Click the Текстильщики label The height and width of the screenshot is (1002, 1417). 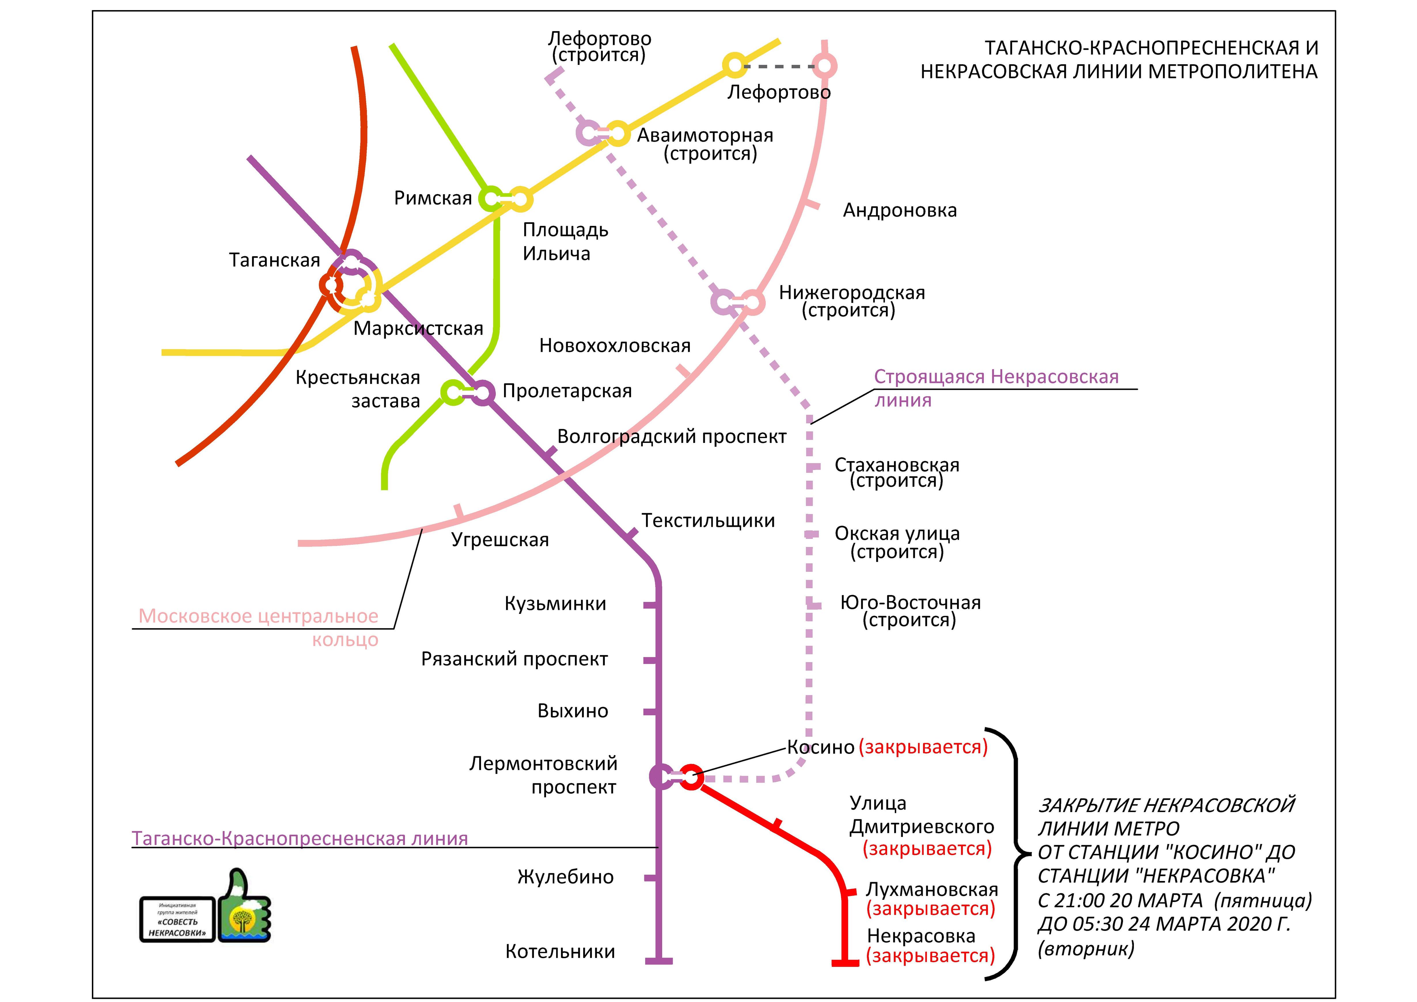click(708, 520)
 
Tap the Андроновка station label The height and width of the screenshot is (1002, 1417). click(900, 211)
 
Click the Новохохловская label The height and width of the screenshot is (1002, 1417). click(615, 346)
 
